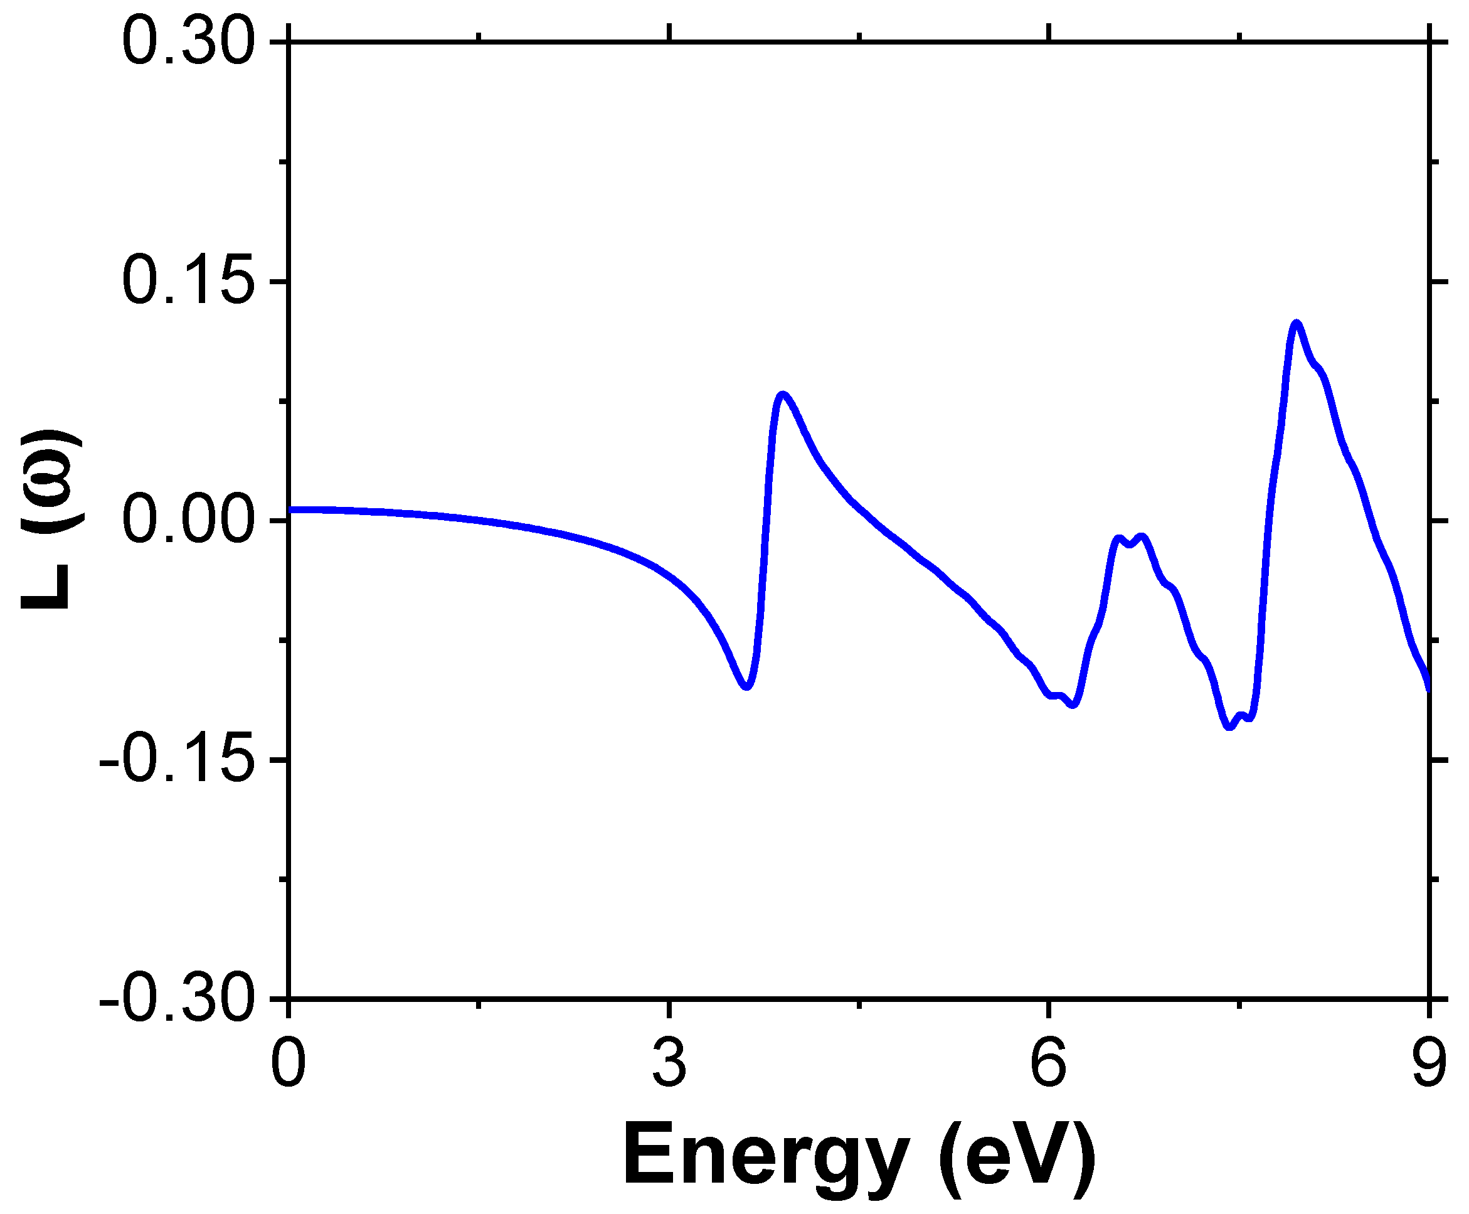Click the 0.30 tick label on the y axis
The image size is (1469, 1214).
coord(187,44)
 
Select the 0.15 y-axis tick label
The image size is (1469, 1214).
coord(187,282)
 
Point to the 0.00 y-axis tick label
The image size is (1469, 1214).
coord(187,522)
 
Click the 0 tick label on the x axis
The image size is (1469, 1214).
coord(288,1063)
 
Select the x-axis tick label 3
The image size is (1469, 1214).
coord(669,1063)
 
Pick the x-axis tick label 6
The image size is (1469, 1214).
coord(1049,1063)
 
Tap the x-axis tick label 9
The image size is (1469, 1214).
coord(1428,1063)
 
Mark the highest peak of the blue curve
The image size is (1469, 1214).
coord(1297,323)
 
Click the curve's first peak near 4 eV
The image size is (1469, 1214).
coord(782,395)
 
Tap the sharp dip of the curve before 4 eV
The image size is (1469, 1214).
coord(747,688)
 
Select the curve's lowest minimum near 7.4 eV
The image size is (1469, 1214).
coord(1229,727)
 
